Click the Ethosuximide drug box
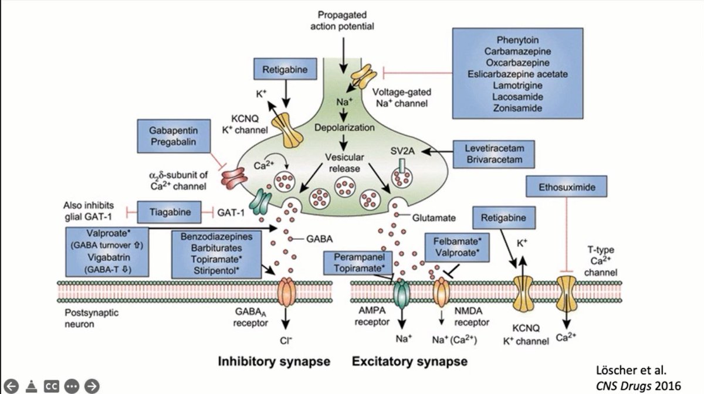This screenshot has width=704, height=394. [566, 186]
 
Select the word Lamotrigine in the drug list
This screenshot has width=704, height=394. [517, 86]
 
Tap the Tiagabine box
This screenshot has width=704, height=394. [170, 212]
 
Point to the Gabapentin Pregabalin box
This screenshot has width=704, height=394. [174, 136]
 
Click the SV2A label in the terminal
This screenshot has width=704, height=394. [402, 151]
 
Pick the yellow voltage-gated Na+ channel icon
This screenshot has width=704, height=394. [363, 77]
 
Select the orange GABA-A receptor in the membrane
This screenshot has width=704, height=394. [286, 292]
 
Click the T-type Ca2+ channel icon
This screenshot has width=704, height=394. [566, 293]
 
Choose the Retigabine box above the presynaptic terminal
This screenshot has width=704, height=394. [285, 69]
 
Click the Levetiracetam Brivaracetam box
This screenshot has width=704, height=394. [494, 154]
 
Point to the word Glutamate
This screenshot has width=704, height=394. [434, 218]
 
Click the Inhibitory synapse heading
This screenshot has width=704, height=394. [274, 361]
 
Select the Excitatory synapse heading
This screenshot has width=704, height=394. [409, 361]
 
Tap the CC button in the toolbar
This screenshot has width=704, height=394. [52, 386]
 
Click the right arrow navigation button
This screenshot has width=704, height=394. [92, 386]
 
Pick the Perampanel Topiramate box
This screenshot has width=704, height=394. [358, 263]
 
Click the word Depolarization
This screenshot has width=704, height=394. [344, 128]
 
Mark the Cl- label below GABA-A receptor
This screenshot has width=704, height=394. [286, 341]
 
